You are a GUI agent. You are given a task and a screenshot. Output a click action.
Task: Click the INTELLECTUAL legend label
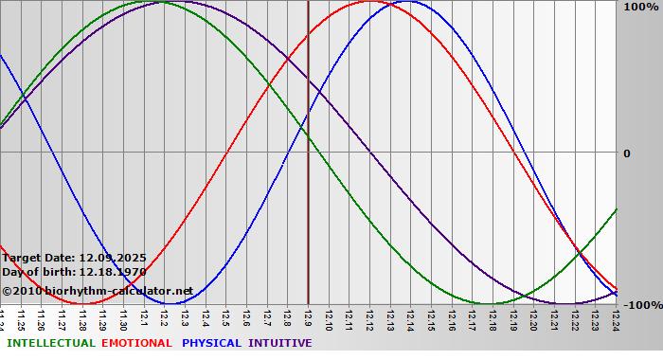point(50,343)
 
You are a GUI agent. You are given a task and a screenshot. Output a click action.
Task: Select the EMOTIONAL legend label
point(136,343)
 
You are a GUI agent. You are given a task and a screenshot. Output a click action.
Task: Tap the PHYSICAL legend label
point(212,343)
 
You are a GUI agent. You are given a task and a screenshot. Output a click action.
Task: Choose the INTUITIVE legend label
point(279,343)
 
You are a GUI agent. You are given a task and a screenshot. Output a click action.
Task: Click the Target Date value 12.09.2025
point(112,257)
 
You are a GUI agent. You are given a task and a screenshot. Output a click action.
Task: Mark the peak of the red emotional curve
point(369,2)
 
